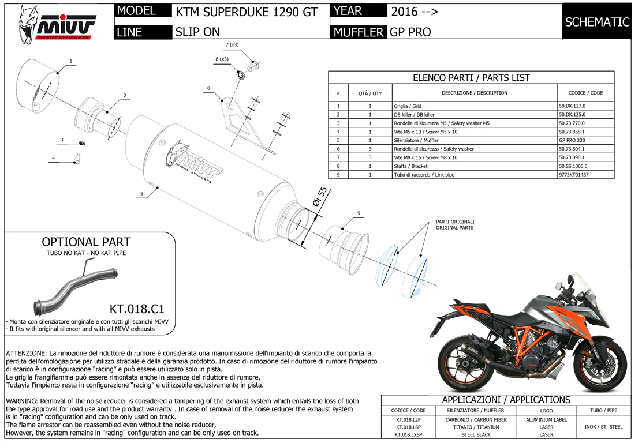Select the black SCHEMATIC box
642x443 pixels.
point(597,22)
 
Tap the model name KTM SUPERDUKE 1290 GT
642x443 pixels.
point(247,12)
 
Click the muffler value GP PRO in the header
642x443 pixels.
point(410,32)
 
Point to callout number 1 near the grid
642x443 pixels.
point(70,61)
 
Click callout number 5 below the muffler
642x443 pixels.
point(140,194)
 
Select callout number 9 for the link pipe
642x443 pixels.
point(359,213)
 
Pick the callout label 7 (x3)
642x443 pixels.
point(232,44)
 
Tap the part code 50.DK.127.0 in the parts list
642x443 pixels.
point(576,106)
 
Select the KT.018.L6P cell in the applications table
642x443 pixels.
point(408,427)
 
